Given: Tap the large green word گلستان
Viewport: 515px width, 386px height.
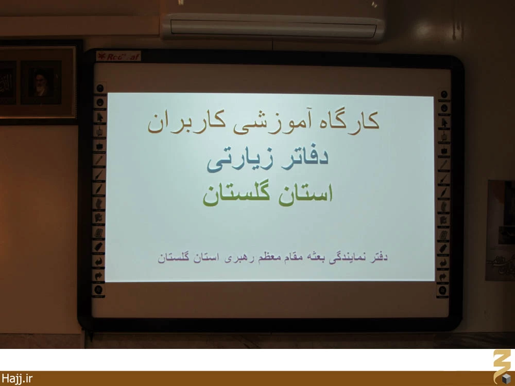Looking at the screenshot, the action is (236, 194).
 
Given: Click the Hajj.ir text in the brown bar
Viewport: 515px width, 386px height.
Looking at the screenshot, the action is (17, 378).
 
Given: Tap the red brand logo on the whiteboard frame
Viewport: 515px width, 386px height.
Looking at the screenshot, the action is (118, 57).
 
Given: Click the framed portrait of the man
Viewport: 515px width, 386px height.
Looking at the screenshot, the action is (41, 82).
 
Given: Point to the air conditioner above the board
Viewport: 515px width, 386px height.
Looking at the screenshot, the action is (272, 26).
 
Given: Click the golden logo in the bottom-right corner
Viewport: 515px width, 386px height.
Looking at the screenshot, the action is (502, 367).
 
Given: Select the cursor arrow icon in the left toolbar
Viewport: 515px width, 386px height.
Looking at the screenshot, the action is (99, 117).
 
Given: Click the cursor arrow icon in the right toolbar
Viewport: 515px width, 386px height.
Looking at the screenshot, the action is (444, 123).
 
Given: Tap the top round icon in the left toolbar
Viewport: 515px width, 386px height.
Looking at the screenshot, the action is (100, 88).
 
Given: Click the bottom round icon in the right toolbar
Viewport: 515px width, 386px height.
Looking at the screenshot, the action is (442, 290).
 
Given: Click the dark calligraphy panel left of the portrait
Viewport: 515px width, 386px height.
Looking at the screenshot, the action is (8, 83).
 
